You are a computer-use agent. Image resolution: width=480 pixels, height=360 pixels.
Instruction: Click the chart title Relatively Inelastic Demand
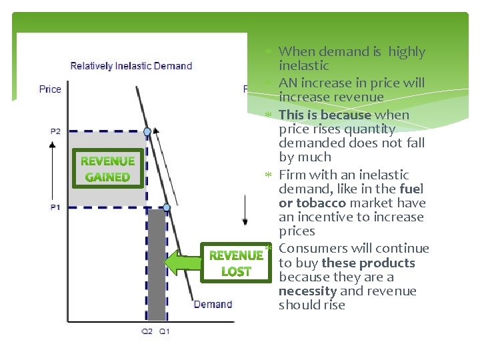point(131,66)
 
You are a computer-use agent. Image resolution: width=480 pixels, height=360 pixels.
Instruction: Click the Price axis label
point(50,89)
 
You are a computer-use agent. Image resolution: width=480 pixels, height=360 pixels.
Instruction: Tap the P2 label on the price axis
point(55,131)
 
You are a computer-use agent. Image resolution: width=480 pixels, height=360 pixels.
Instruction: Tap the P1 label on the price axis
point(55,207)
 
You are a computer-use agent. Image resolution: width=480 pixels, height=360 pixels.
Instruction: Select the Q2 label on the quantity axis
point(147,331)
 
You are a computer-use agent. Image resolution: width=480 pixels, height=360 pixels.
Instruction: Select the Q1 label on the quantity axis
point(164,331)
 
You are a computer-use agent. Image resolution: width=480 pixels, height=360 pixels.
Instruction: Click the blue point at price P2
point(147,131)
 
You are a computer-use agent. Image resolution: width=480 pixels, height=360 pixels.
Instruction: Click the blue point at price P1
point(167,208)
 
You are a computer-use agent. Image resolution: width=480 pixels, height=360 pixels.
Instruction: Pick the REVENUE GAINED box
point(107,169)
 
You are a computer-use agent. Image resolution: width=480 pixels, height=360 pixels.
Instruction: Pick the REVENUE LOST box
point(236,263)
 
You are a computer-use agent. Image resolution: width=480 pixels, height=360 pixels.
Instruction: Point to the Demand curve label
point(213,305)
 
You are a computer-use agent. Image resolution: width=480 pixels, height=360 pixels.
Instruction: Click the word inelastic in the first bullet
point(303,65)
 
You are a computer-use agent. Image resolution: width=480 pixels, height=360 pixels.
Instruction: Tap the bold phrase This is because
point(324,115)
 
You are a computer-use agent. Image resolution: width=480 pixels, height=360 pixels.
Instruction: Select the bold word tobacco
point(321,203)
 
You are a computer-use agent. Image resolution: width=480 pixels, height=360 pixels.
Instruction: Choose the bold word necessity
point(307,291)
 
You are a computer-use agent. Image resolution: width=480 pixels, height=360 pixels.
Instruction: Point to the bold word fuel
point(411,189)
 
